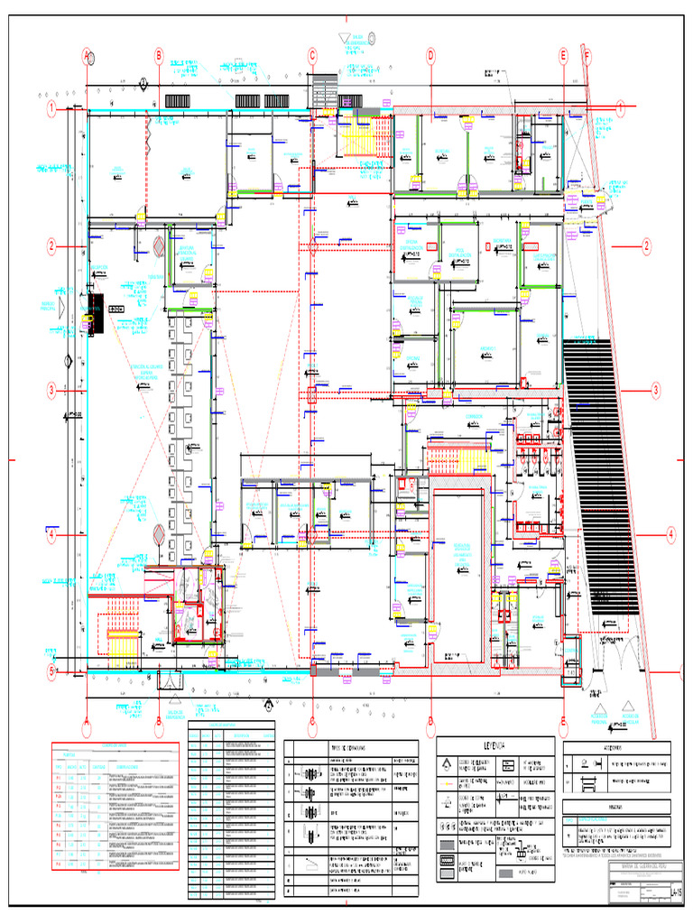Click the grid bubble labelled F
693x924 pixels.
587,56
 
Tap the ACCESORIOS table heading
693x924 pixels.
618,748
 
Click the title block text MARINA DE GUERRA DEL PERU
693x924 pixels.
617,867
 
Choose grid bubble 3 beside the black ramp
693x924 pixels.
656,390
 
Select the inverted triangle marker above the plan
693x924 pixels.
344,38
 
